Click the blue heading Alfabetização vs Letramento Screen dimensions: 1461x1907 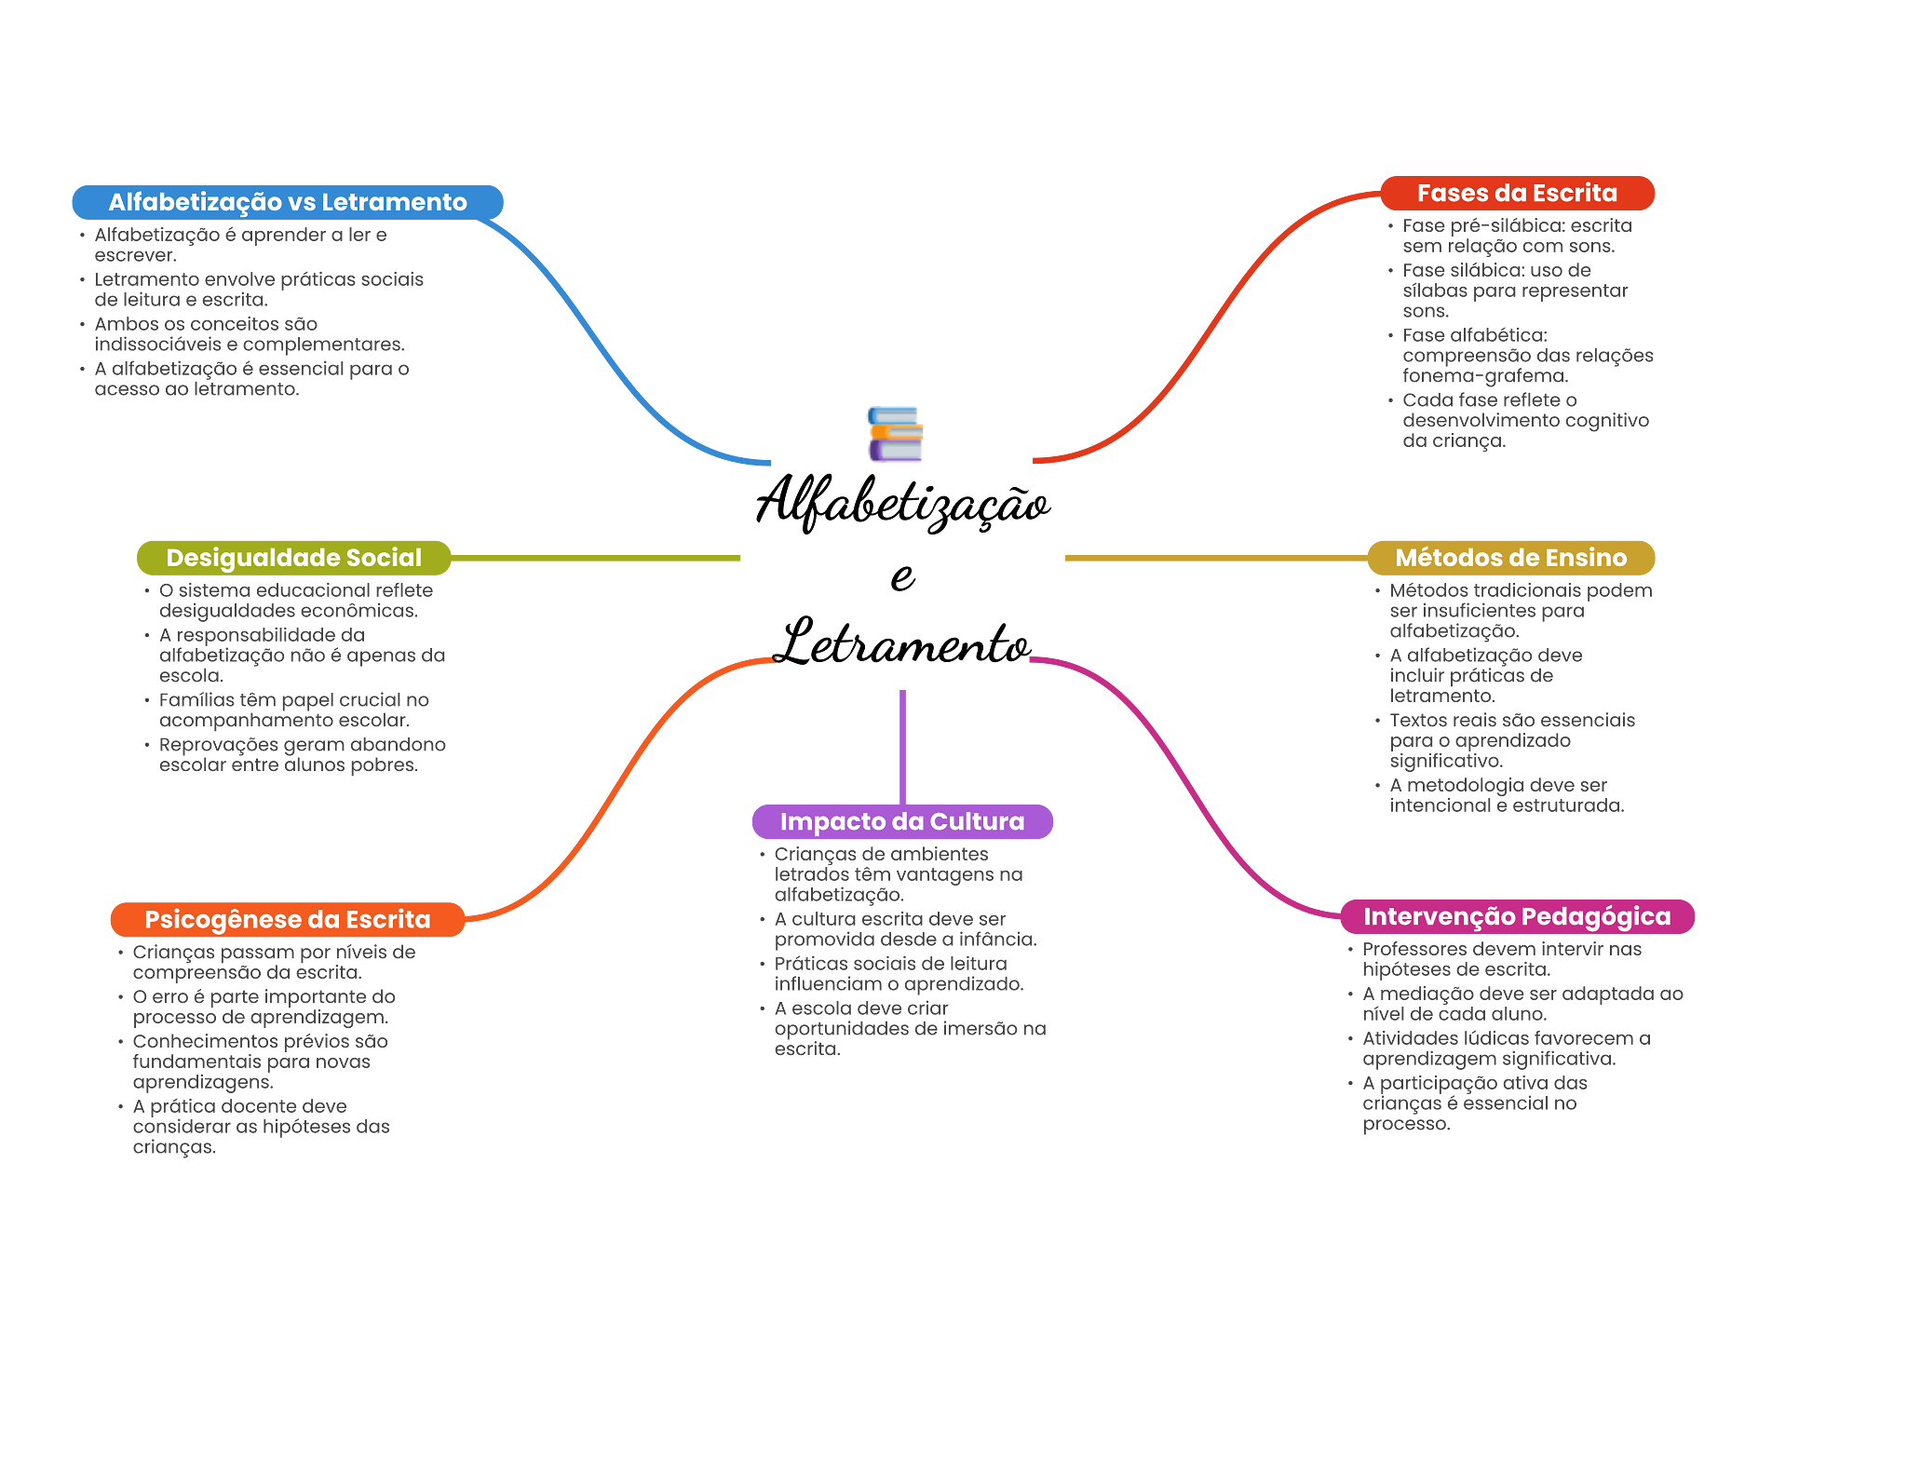click(288, 202)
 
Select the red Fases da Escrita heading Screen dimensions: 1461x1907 click(1517, 194)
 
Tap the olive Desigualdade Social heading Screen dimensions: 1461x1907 click(293, 558)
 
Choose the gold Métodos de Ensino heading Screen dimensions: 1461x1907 click(1510, 558)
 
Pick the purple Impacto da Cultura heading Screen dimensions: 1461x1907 click(902, 821)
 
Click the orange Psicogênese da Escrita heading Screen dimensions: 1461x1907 click(287, 920)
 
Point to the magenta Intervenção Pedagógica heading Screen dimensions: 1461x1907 click(1517, 917)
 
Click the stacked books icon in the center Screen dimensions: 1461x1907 click(895, 434)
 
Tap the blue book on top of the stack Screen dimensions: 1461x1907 click(893, 414)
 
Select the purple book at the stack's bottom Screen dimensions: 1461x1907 click(896, 452)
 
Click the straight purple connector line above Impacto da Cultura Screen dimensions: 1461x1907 click(902, 745)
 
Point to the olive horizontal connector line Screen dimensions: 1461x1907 click(596, 558)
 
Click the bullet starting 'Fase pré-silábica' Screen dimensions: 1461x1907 click(1516, 237)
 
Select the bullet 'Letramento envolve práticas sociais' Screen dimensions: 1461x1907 click(258, 290)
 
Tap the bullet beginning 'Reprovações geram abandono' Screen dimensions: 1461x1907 click(301, 755)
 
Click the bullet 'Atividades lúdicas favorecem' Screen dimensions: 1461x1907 click(1505, 1048)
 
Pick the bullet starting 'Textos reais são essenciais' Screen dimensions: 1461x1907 click(1510, 740)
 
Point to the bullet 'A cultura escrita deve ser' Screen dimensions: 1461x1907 click(904, 929)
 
